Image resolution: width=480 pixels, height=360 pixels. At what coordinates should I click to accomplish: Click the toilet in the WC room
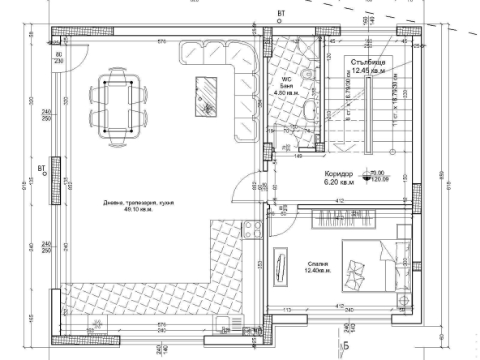coord(306,78)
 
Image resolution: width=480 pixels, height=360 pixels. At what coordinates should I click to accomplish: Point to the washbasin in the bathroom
coord(309,109)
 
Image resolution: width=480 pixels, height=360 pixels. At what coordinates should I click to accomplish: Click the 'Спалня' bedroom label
coord(318,263)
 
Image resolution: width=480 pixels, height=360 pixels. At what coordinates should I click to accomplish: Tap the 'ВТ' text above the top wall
coord(281,13)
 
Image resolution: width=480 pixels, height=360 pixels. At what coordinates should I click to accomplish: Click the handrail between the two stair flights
coord(369,114)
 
